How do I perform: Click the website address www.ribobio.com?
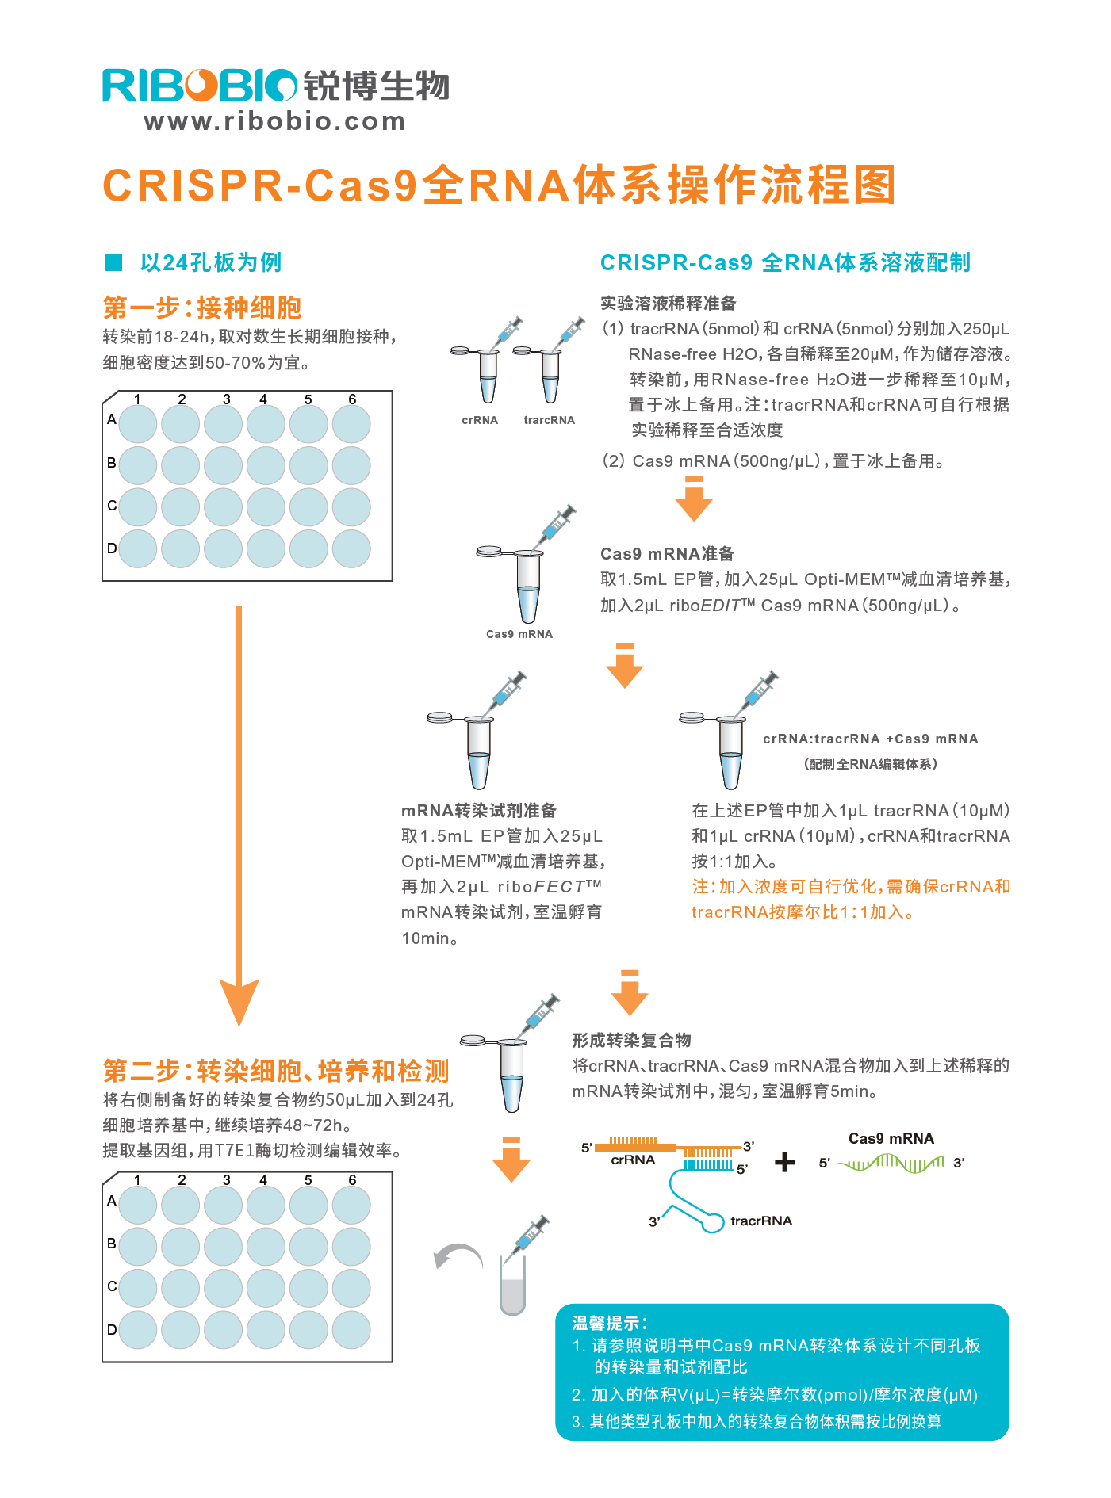[x=274, y=121]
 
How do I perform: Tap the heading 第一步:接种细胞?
[x=202, y=308]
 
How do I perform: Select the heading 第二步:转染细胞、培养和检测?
[x=276, y=1071]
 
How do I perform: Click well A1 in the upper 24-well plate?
[x=138, y=423]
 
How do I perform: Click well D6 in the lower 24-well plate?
[x=351, y=1329]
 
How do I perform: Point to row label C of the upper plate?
[x=112, y=506]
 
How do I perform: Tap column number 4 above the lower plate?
[x=263, y=1180]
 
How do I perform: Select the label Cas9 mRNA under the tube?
[x=519, y=634]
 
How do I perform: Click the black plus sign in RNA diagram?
[x=784, y=1163]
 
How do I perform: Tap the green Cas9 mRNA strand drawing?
[x=891, y=1163]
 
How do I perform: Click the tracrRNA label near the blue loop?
[x=760, y=1221]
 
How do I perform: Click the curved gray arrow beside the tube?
[x=458, y=1255]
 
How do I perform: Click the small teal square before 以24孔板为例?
[x=113, y=262]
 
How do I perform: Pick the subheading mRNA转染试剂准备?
[x=479, y=810]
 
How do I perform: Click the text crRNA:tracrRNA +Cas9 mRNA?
[x=870, y=739]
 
